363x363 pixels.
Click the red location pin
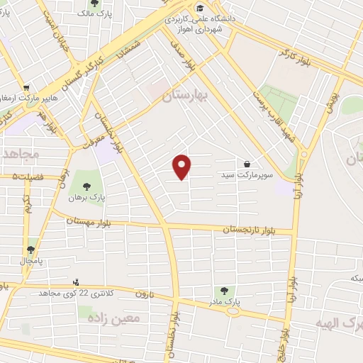[x=183, y=166]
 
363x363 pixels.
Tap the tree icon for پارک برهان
[x=86, y=187]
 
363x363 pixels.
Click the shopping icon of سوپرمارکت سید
[x=247, y=164]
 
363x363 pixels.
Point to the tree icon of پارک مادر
[x=224, y=291]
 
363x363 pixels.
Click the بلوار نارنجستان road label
[x=247, y=230]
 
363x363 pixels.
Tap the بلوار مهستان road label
[x=90, y=222]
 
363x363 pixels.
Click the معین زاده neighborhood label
[x=113, y=319]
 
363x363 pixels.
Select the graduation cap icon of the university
[x=202, y=8]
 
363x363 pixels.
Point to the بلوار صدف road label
[x=181, y=54]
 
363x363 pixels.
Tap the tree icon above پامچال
[x=30, y=250]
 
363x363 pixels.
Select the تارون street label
[x=145, y=294]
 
